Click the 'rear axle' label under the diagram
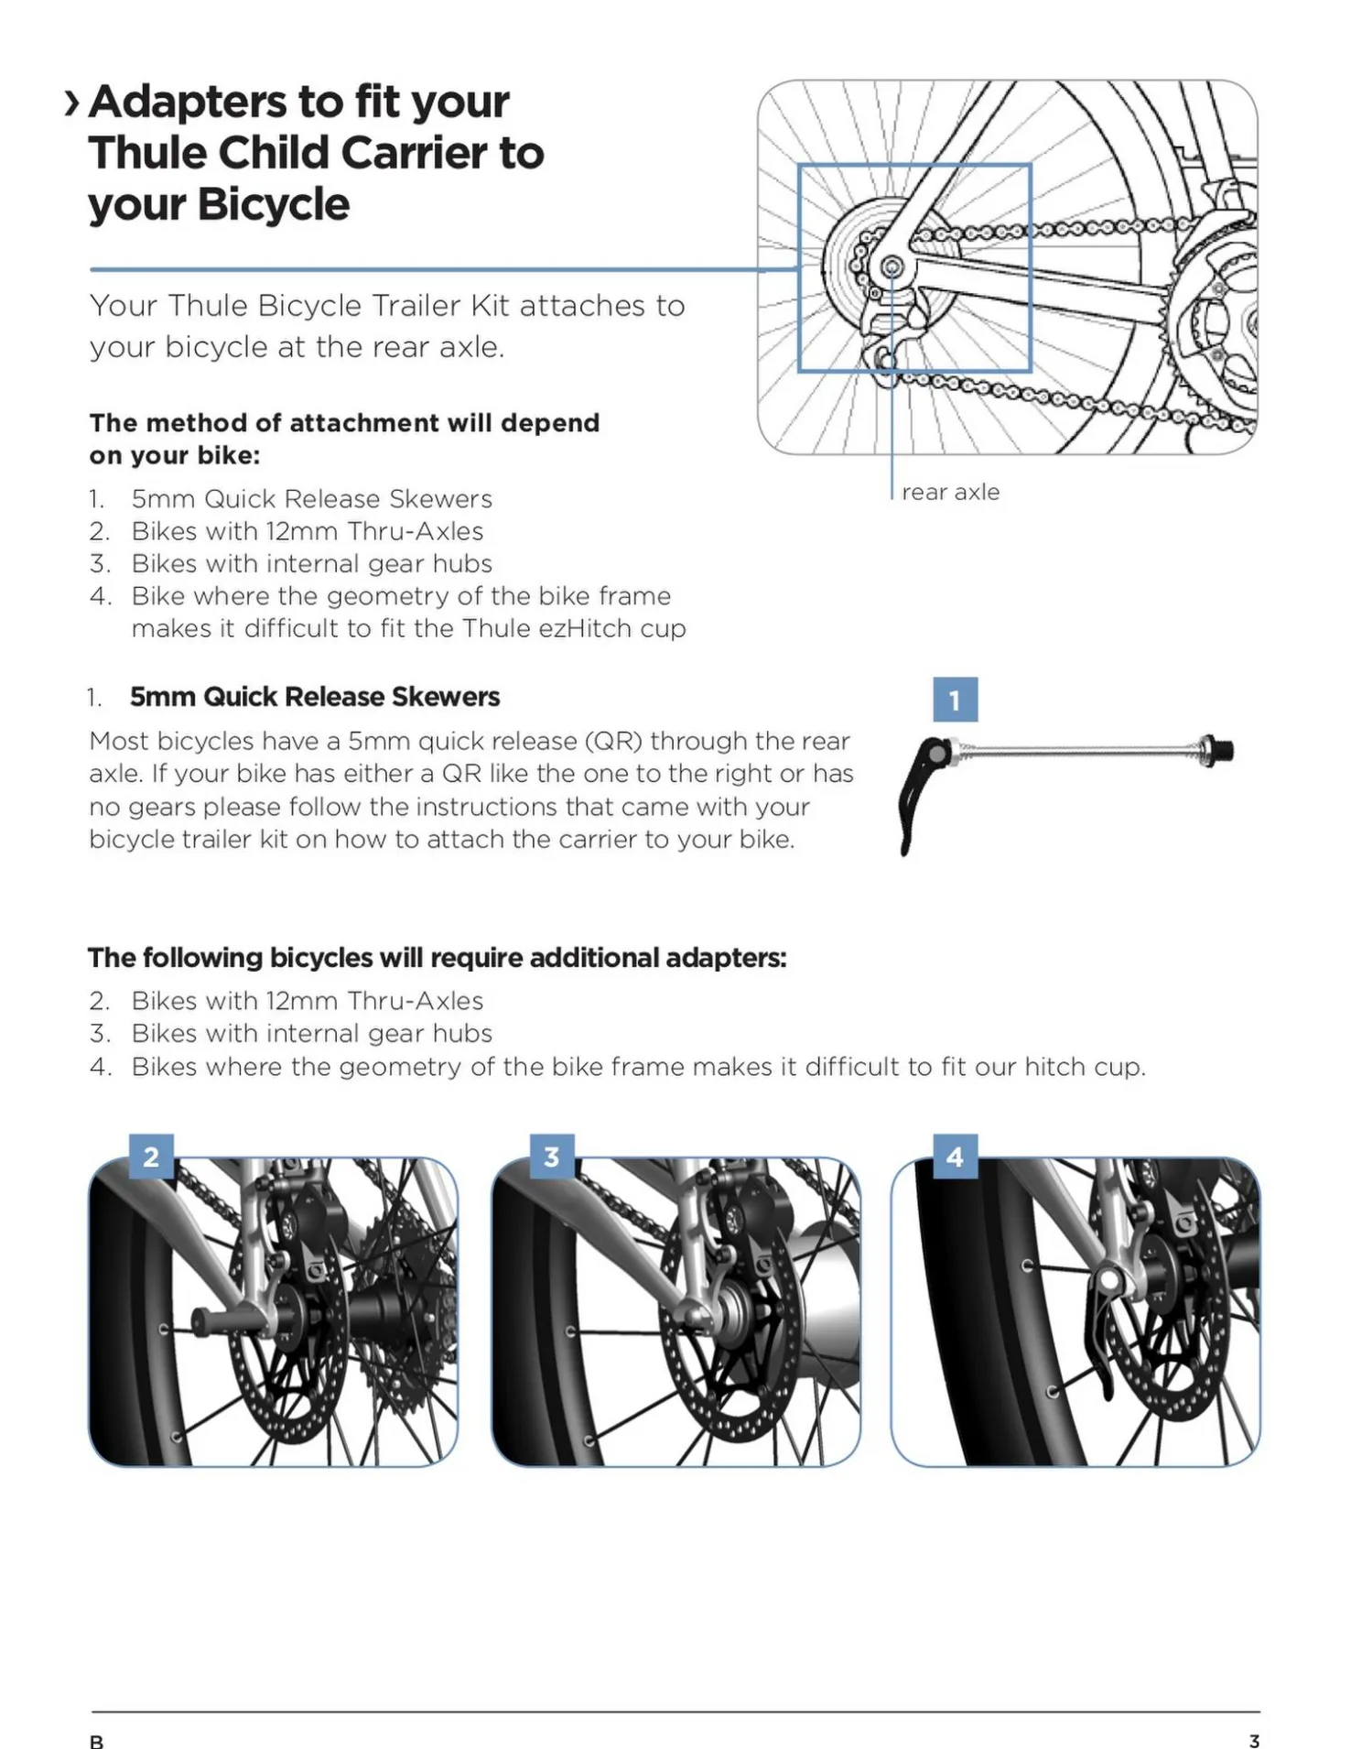[x=950, y=493]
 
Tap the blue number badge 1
[x=955, y=700]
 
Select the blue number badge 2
[x=151, y=1157]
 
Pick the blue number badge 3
[x=552, y=1157]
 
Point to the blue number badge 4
[x=955, y=1157]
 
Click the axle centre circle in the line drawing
[x=892, y=268]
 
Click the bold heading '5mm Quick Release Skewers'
[x=315, y=697]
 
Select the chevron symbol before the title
[x=72, y=103]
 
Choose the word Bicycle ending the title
[x=273, y=204]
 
